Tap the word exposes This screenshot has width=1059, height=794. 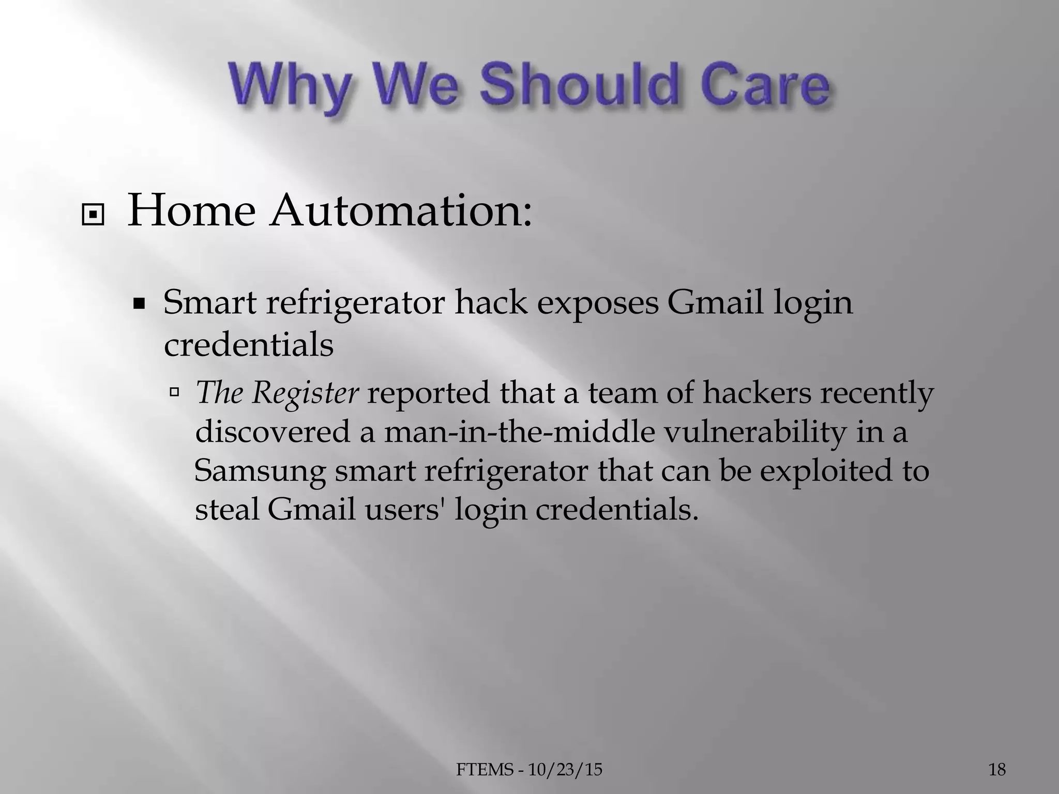[x=597, y=304]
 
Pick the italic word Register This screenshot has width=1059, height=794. [x=305, y=393]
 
